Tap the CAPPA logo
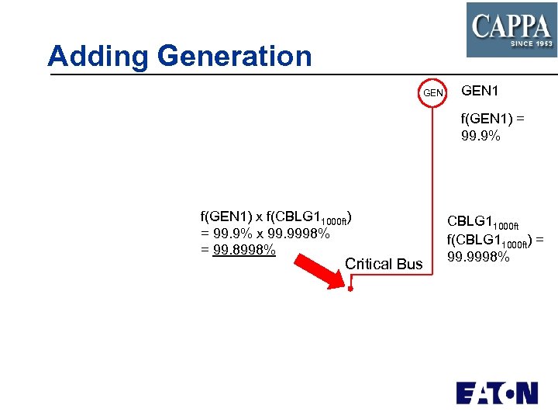coord(511,29)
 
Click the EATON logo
coord(497,393)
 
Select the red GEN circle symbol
coord(432,93)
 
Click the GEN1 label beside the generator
coord(480,91)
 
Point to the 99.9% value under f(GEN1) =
coord(480,137)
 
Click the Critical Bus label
coord(384,264)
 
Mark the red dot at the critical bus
coord(350,289)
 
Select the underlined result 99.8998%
coord(238,250)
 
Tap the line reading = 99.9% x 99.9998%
coord(266,234)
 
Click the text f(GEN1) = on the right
coord(493,120)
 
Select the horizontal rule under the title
coord(302,75)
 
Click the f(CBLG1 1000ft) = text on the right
coord(495,241)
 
